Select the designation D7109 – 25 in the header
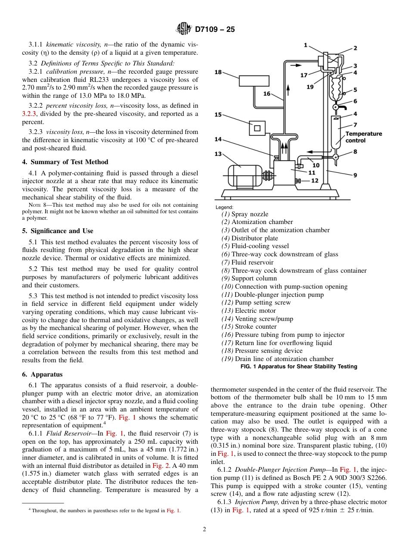pyautogui.click(x=215, y=30)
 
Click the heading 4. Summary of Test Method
pyautogui.click(x=65, y=162)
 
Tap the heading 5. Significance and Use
pyautogui.click(x=58, y=231)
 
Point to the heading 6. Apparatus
pyautogui.click(x=42, y=374)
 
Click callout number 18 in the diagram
pyautogui.click(x=218, y=72)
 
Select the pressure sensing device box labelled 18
pyautogui.click(x=254, y=80)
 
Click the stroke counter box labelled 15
pyautogui.click(x=257, y=128)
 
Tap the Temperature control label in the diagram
pyautogui.click(x=363, y=137)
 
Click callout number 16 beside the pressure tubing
pyautogui.click(x=267, y=93)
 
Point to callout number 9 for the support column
pyautogui.click(x=355, y=175)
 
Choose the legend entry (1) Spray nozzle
pyautogui.click(x=245, y=214)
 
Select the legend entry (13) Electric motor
pyautogui.click(x=248, y=311)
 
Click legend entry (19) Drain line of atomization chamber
pyautogui.click(x=277, y=359)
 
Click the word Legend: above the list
pyautogui.click(x=224, y=207)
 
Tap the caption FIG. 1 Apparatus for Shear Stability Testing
pyautogui.click(x=298, y=367)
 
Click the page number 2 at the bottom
pyautogui.click(x=204, y=529)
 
